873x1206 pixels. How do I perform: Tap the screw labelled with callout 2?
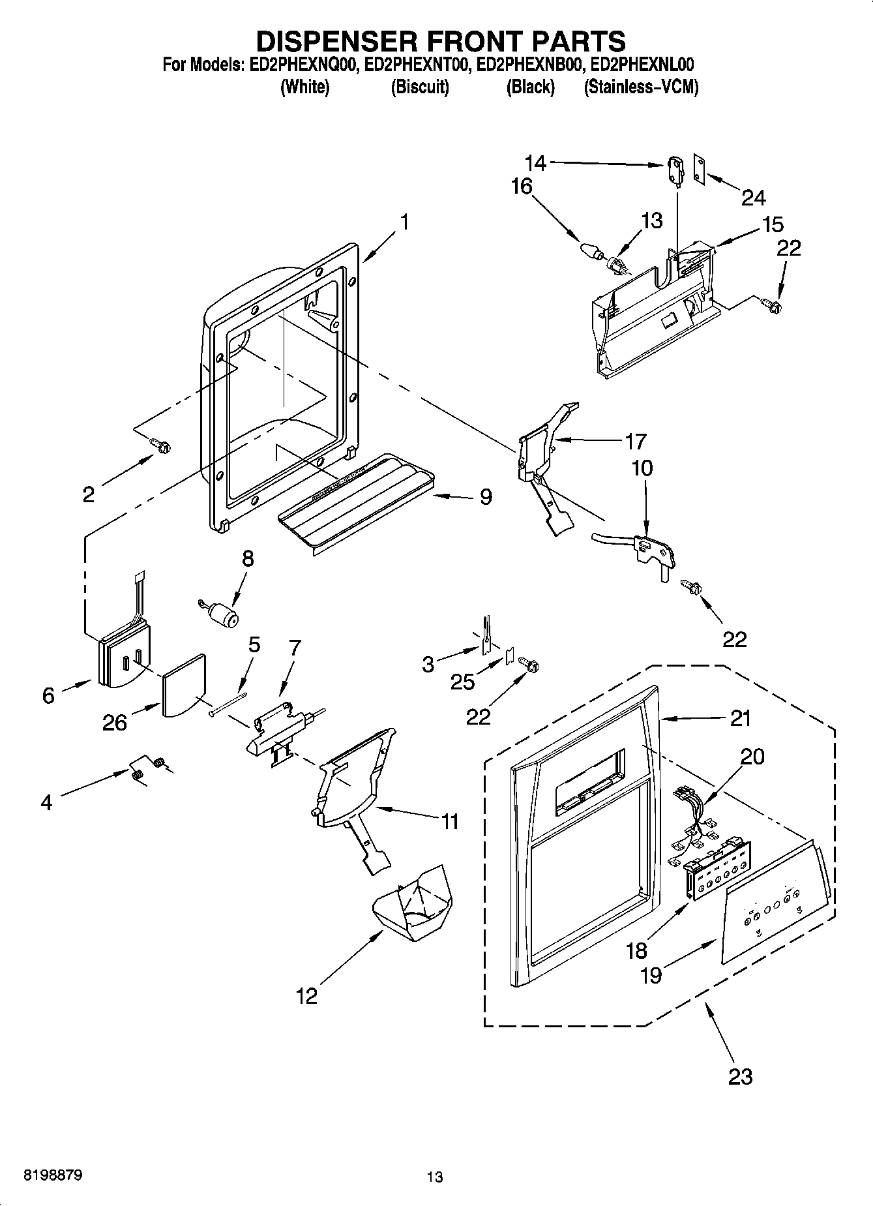click(160, 445)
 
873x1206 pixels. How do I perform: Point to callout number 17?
click(635, 442)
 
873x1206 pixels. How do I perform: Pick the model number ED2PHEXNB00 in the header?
click(528, 65)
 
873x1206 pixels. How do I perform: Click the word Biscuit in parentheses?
click(420, 87)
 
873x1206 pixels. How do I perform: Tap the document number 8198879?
click(53, 1176)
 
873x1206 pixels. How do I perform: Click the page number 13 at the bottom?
click(435, 1177)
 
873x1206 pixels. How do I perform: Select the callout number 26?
click(115, 723)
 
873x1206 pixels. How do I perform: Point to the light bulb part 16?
click(590, 250)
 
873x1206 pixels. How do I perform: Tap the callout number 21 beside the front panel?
click(740, 718)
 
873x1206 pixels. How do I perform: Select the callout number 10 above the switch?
click(642, 468)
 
